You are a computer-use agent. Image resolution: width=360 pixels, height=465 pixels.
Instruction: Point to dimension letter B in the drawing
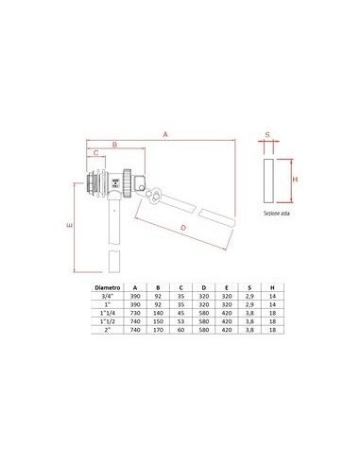point(113,145)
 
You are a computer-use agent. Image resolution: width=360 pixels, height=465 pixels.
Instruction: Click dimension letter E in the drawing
point(71,227)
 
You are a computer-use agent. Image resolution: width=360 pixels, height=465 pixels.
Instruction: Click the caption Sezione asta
point(277,215)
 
